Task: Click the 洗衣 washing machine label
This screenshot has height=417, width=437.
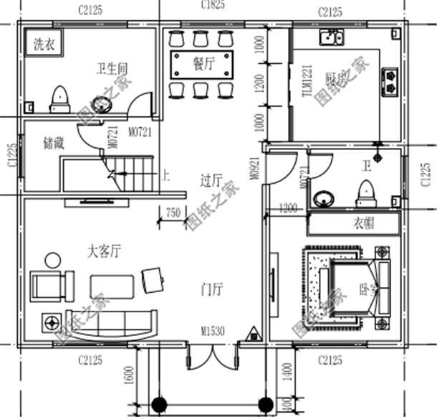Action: click(43, 44)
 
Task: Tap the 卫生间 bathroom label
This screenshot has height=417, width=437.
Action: click(112, 69)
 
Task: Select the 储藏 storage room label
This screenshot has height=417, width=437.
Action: click(54, 143)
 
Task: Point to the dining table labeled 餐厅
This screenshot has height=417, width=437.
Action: click(203, 64)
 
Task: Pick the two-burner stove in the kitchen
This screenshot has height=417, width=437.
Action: click(391, 80)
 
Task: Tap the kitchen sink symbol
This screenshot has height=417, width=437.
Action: click(330, 37)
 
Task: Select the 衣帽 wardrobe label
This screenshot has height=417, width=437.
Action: click(363, 223)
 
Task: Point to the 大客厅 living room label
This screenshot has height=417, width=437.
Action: click(104, 252)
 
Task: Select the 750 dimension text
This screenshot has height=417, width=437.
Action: click(173, 212)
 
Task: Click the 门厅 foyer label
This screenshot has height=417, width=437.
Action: click(213, 290)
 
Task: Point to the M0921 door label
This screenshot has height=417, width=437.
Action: click(254, 169)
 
